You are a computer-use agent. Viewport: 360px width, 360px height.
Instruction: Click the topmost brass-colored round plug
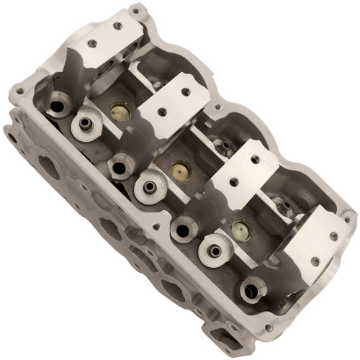point(120,112)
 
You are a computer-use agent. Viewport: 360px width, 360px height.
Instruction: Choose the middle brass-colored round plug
point(179,171)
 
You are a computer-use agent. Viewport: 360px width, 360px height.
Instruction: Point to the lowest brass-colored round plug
point(240,230)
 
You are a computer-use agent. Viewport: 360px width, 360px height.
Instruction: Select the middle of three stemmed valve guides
point(149,186)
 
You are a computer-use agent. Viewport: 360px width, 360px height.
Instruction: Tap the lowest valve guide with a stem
point(214,251)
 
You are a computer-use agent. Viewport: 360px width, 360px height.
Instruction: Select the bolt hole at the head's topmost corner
point(134,12)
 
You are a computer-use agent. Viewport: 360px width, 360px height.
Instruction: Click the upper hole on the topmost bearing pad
point(117,25)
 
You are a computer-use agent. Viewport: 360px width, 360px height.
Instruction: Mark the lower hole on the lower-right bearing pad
point(315,261)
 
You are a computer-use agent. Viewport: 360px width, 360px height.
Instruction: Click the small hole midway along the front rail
point(155,227)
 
